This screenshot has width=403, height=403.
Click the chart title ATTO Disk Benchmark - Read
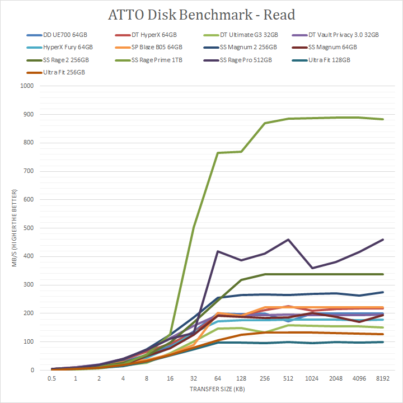tap(201, 15)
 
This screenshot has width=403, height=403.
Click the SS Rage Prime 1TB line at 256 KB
tap(265, 123)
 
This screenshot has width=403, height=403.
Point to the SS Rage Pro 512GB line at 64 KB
tap(217, 251)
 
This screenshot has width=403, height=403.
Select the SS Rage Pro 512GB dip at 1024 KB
tap(312, 268)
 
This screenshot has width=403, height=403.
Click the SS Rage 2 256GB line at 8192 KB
tap(382, 274)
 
